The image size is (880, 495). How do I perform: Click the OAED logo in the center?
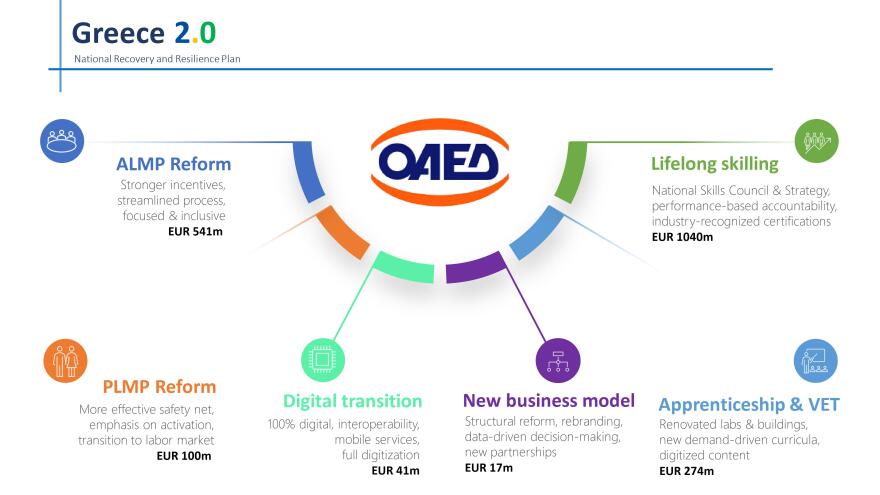click(x=440, y=162)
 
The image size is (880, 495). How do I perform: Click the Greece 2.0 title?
click(x=144, y=33)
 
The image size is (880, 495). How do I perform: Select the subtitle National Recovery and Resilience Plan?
click(x=157, y=59)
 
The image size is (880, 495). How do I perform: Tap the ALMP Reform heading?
click(x=173, y=164)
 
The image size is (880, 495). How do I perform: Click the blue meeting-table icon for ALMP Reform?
click(x=62, y=141)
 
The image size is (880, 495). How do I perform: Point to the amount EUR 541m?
click(x=195, y=231)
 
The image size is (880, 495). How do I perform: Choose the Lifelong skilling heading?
click(x=714, y=164)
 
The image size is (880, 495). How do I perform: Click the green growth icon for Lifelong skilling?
click(x=817, y=141)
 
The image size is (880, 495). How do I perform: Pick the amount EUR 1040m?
click(x=682, y=237)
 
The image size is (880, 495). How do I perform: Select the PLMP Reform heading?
click(x=159, y=387)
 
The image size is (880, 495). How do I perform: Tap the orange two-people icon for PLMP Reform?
click(x=65, y=361)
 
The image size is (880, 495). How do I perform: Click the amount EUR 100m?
click(x=184, y=456)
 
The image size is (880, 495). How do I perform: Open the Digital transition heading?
click(x=352, y=401)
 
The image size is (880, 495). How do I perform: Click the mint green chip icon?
click(x=323, y=360)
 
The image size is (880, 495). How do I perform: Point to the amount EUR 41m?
click(x=395, y=470)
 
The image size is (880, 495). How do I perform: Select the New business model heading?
click(x=549, y=401)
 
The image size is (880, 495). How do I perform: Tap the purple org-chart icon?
click(x=558, y=360)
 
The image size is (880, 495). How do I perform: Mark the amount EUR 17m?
click(x=489, y=468)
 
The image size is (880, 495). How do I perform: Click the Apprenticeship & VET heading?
click(x=749, y=405)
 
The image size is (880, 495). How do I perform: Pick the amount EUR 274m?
click(x=686, y=471)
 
